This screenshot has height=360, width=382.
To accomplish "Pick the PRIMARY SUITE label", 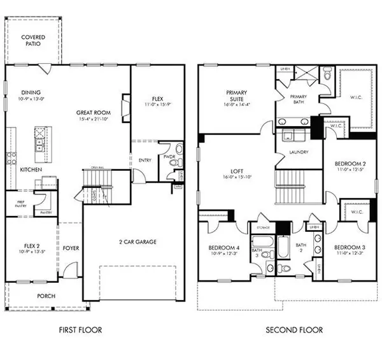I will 236,96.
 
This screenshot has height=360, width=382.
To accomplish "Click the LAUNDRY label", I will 298,152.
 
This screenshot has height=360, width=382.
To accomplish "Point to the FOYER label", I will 71,248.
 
